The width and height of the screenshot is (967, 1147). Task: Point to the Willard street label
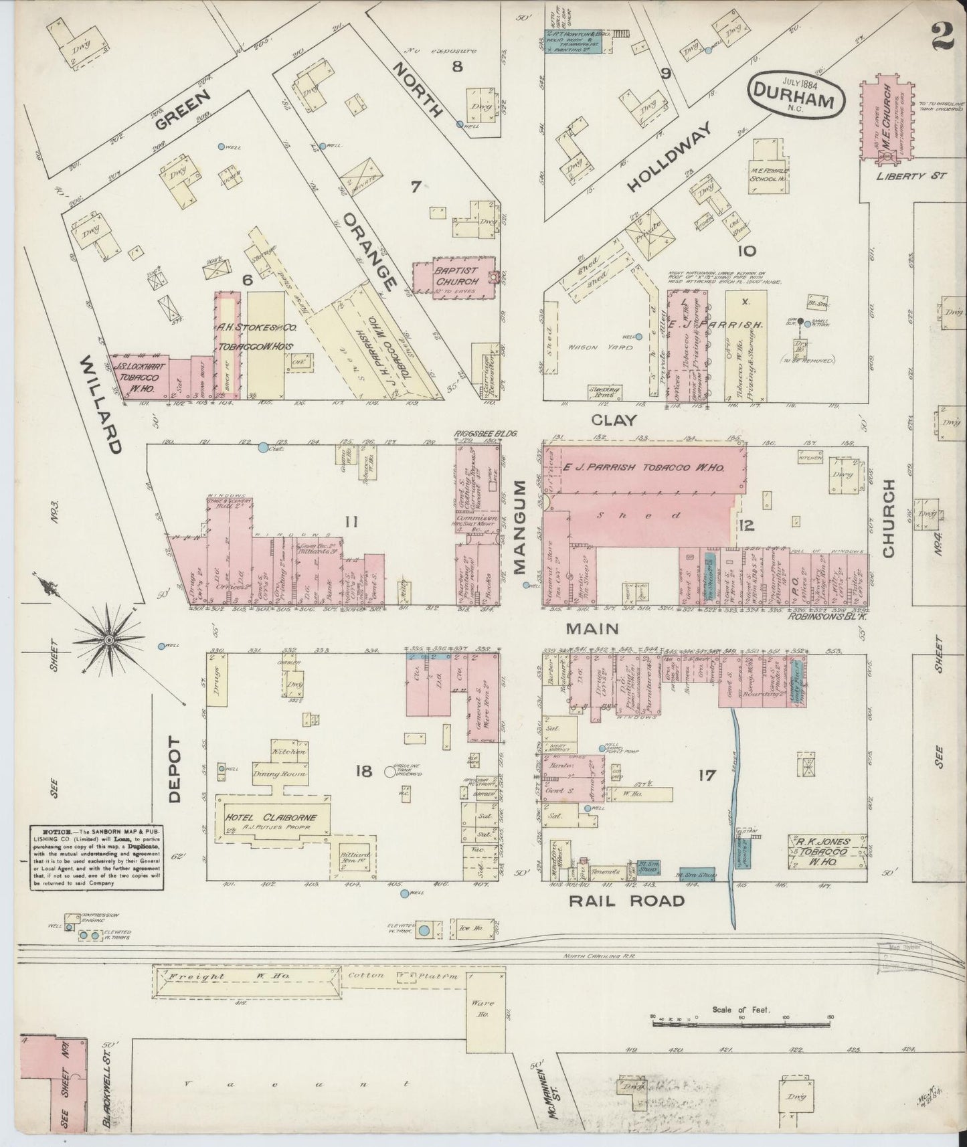pyautogui.click(x=101, y=405)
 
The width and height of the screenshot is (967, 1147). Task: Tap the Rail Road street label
pyautogui.click(x=627, y=901)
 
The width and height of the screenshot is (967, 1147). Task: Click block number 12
pyautogui.click(x=745, y=526)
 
